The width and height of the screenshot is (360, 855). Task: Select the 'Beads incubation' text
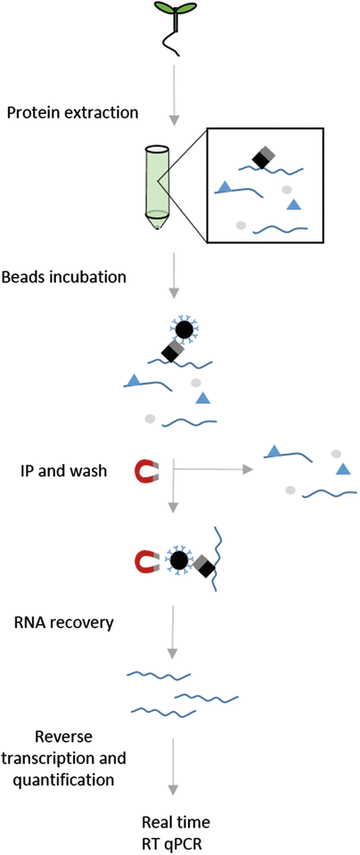pyautogui.click(x=65, y=276)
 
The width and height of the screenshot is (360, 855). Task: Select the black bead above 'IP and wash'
pyautogui.click(x=184, y=330)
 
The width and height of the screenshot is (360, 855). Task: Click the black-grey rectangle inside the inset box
pyautogui.click(x=262, y=159)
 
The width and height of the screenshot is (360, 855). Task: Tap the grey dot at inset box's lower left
pyautogui.click(x=241, y=225)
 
